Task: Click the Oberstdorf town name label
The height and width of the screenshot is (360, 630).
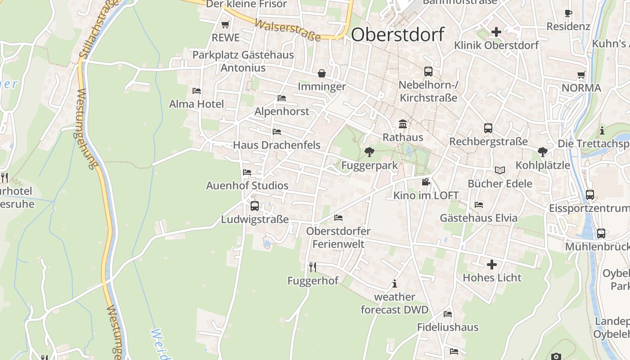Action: [x=398, y=35]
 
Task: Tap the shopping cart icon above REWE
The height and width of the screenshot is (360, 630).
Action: [x=225, y=24]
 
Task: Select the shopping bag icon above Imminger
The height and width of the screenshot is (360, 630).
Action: [x=322, y=73]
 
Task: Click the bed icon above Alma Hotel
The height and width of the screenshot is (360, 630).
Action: [x=197, y=91]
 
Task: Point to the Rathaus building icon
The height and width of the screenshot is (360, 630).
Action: [x=403, y=124]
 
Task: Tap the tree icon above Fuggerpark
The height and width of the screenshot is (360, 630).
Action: [x=369, y=152]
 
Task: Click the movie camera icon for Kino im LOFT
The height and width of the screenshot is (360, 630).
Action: [x=426, y=182]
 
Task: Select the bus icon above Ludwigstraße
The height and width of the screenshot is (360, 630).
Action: [x=255, y=206]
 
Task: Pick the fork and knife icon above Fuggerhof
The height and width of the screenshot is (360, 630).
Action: [x=313, y=267]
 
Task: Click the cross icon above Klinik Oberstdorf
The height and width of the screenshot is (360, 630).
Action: [x=496, y=32]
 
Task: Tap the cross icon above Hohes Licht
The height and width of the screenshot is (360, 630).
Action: [x=492, y=264]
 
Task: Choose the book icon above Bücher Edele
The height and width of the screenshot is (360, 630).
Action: [x=500, y=170]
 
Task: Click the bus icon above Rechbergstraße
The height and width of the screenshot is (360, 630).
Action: [x=488, y=128]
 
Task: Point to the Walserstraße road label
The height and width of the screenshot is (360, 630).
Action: [x=288, y=30]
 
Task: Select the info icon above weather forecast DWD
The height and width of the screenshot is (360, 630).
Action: [x=395, y=283]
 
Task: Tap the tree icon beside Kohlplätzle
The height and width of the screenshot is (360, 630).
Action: [x=543, y=152]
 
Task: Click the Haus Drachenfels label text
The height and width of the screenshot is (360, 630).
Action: [x=277, y=145]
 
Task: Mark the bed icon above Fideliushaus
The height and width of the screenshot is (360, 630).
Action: [x=448, y=314]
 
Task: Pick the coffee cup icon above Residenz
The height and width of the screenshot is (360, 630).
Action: [x=568, y=13]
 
